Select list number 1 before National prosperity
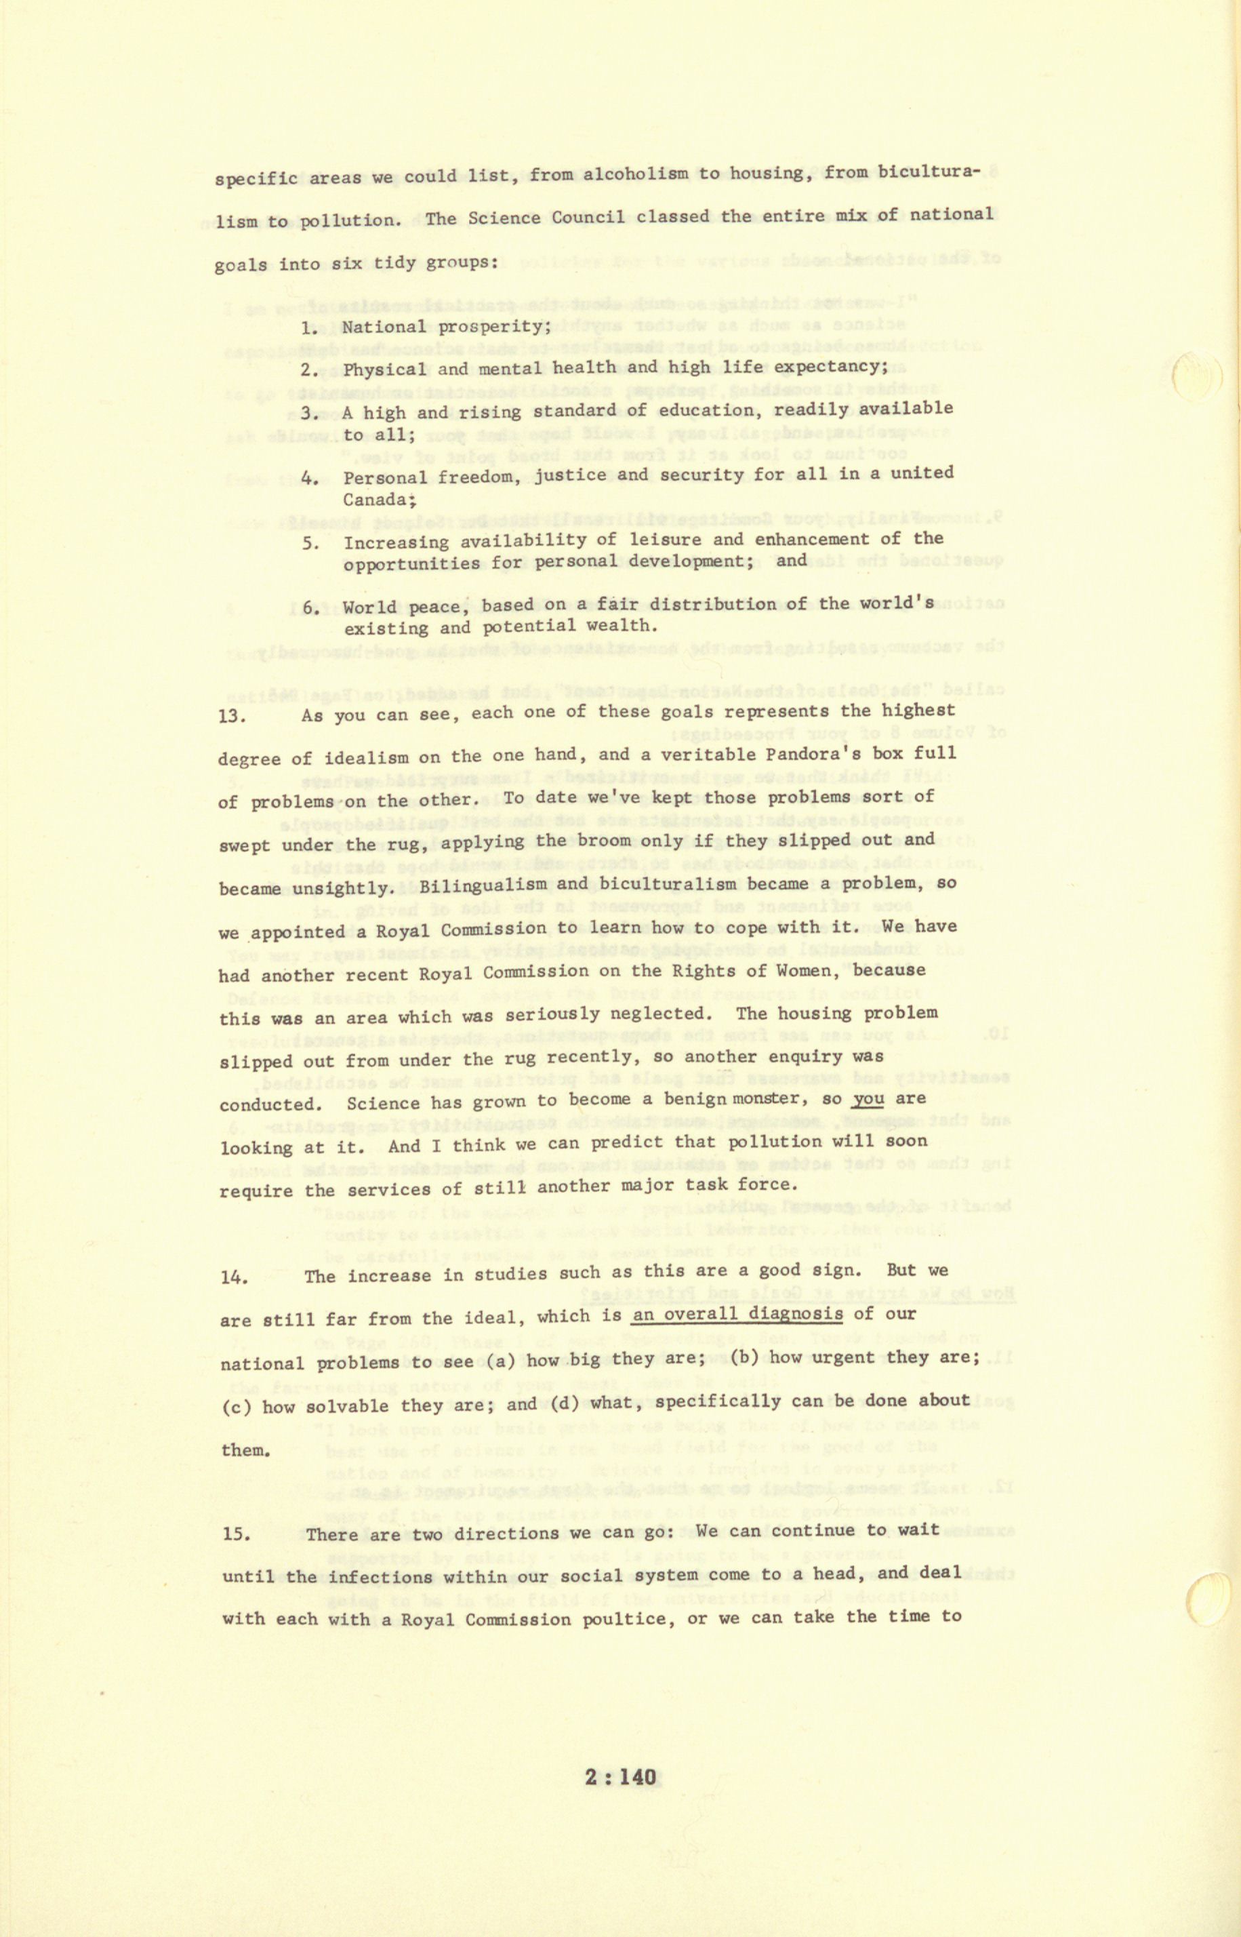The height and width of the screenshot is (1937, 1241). pos(310,328)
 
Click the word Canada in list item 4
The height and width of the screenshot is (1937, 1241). pos(375,500)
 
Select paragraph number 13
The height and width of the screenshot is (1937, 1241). pos(233,716)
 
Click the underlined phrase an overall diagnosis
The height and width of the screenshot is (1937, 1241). pos(737,1314)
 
